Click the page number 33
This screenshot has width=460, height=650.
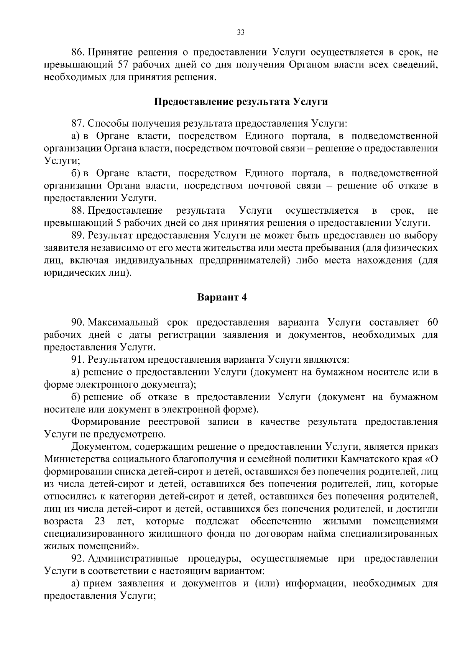point(241,32)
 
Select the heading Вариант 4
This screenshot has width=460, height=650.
point(222,298)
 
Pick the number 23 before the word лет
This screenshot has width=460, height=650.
point(100,521)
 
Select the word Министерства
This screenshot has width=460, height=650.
point(77,459)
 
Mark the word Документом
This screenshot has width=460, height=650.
point(99,447)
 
